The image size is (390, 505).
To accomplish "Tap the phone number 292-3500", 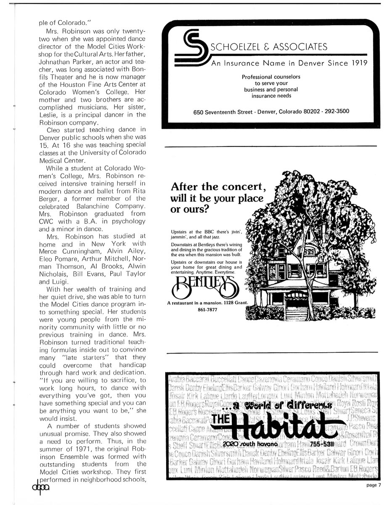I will (x=334, y=112).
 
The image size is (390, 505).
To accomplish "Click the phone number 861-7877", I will (x=204, y=311).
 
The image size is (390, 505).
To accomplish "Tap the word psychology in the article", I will (x=127, y=221).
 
